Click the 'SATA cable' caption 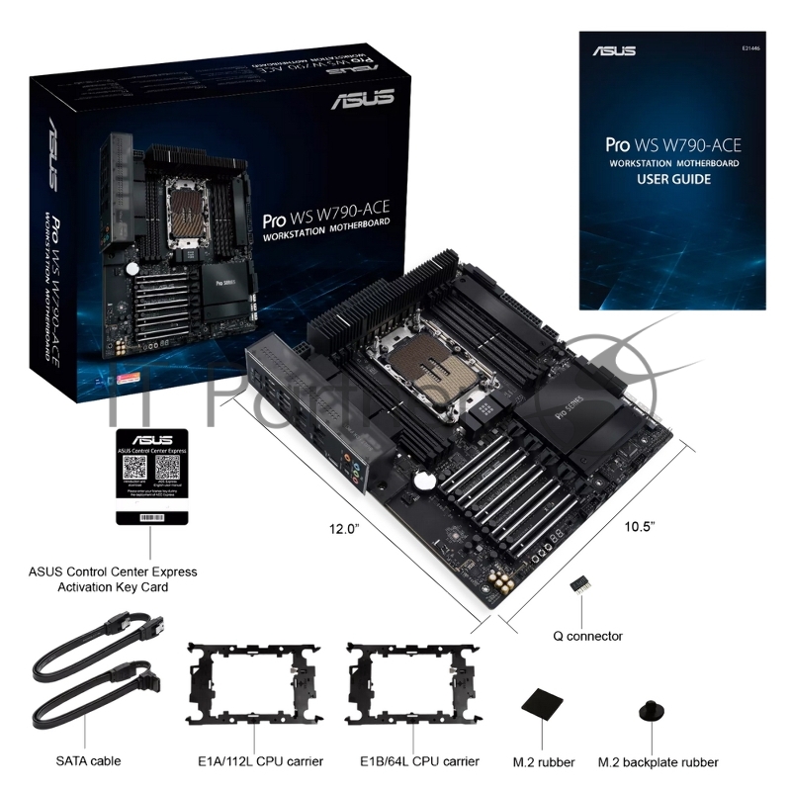pos(89,761)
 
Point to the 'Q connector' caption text pos(587,636)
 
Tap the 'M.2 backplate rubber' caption pos(659,762)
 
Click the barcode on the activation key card pos(149,516)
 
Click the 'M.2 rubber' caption pos(542,762)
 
